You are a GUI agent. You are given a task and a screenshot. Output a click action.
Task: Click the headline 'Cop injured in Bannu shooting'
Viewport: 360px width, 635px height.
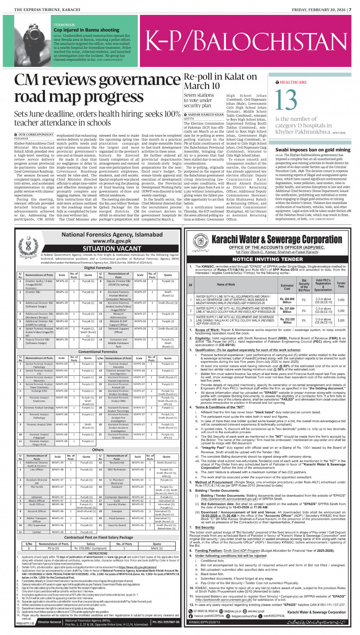click(87, 30)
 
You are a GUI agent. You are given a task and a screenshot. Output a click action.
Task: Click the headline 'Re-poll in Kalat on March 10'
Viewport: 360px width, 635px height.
click(220, 81)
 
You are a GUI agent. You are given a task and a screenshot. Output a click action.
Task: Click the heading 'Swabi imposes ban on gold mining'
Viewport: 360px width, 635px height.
click(313, 150)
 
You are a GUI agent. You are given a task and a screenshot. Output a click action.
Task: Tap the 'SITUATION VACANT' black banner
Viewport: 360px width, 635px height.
click(100, 249)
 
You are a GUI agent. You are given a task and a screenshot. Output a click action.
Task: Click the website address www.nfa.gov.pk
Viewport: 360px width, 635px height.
click(100, 241)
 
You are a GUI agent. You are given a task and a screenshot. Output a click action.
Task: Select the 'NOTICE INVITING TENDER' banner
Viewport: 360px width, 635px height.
click(267, 259)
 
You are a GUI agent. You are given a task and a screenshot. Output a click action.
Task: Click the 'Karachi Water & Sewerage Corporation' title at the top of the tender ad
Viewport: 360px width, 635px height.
click(276, 239)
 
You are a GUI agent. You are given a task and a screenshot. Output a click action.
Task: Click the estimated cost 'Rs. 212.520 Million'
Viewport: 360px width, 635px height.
click(287, 321)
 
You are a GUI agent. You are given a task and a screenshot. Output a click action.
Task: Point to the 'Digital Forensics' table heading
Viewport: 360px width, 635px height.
click(98, 268)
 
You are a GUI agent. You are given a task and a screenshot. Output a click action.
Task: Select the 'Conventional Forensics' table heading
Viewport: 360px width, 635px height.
click(98, 351)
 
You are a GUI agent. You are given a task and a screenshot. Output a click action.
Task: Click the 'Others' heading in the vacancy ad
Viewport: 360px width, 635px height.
click(98, 450)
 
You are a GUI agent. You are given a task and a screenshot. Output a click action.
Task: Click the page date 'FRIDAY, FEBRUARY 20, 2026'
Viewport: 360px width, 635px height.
click(317, 9)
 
